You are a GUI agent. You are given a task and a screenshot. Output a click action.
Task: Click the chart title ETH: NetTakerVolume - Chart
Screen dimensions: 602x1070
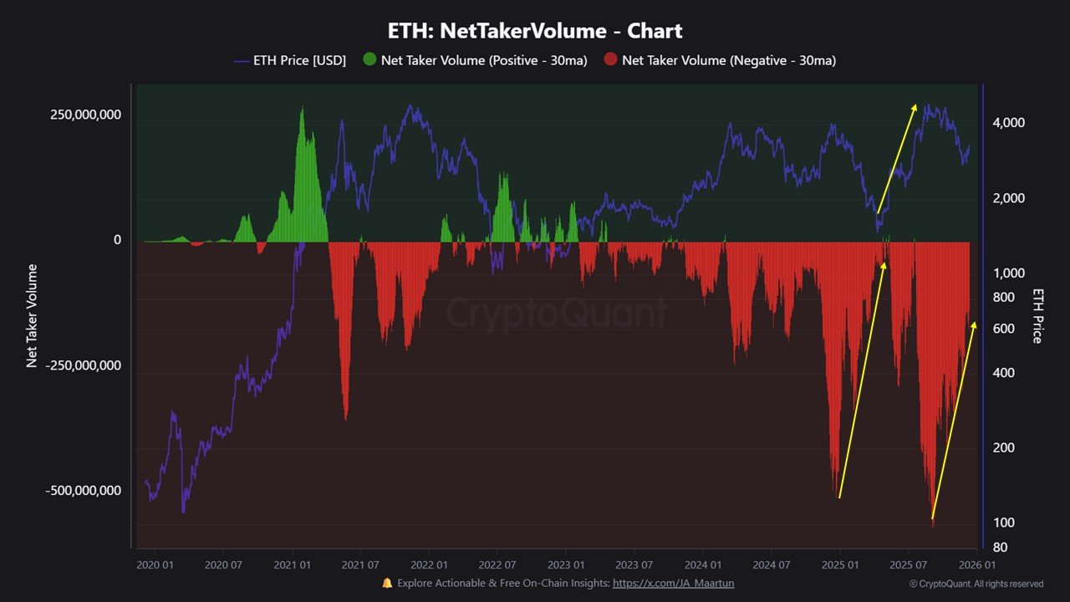click(535, 32)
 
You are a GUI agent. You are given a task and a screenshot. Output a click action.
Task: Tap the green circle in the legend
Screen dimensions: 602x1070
click(369, 60)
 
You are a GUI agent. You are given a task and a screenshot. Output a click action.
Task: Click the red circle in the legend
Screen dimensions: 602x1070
click(611, 60)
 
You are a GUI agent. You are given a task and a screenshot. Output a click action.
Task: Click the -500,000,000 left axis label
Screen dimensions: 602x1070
click(83, 490)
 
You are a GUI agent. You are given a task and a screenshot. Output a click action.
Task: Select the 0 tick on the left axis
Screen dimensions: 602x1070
click(117, 240)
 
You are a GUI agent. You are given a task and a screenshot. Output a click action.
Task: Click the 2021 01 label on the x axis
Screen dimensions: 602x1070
click(291, 565)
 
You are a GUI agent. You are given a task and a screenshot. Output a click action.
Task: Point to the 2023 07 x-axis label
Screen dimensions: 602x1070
click(634, 565)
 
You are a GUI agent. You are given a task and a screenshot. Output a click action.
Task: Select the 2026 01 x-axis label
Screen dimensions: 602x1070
click(976, 565)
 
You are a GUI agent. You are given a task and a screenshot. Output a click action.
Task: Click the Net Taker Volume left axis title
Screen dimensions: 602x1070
click(32, 315)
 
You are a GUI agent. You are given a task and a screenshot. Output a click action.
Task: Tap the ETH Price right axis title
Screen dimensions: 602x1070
click(1038, 316)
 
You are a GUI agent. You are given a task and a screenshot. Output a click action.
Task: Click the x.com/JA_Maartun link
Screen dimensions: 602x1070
click(673, 584)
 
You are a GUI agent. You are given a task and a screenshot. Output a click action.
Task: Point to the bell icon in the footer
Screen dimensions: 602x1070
click(387, 584)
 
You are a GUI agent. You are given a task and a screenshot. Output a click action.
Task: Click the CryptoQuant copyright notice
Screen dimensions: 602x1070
click(976, 584)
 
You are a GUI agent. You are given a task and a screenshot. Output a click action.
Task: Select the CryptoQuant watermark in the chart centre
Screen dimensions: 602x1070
click(556, 313)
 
